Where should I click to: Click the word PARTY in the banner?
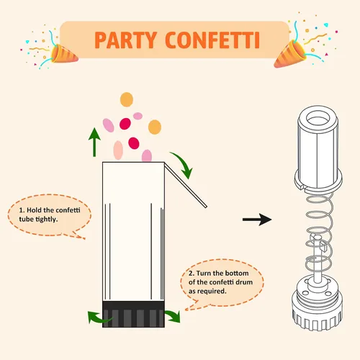(x=126, y=40)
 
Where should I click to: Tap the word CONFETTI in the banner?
(x=212, y=40)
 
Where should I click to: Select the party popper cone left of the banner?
(x=63, y=54)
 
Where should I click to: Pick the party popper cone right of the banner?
(x=290, y=55)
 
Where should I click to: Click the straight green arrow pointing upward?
(x=94, y=142)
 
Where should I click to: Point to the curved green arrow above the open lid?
(x=184, y=163)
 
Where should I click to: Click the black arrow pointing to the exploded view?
(x=257, y=220)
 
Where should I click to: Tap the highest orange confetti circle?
(x=127, y=99)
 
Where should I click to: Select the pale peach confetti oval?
(x=118, y=150)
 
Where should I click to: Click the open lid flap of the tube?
(x=185, y=185)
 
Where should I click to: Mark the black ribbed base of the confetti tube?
(x=133, y=314)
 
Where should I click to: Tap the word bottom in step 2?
(x=236, y=273)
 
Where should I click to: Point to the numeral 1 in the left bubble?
(x=21, y=210)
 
